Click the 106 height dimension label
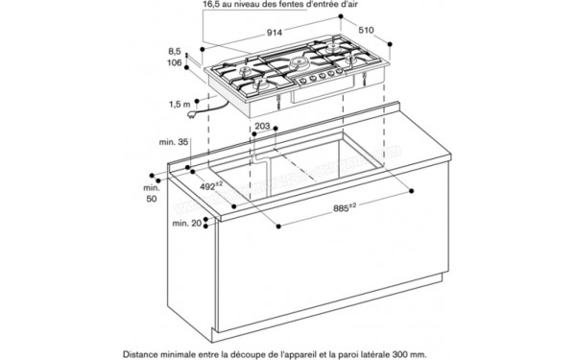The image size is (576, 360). (x=173, y=63)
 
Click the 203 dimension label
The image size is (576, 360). (x=263, y=125)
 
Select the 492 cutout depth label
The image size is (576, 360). (x=211, y=187)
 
